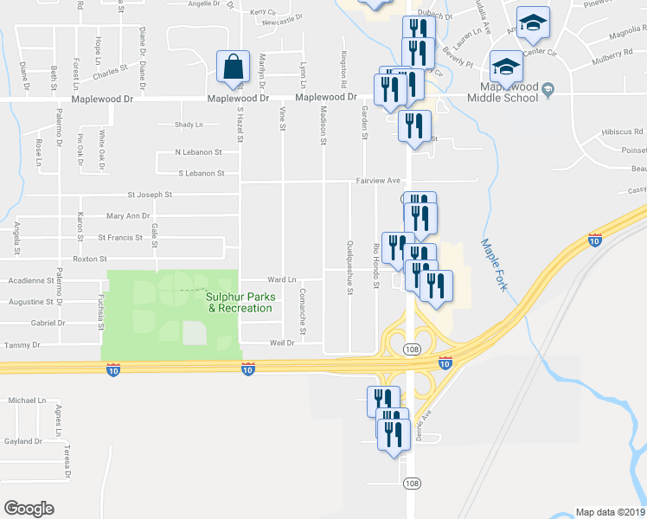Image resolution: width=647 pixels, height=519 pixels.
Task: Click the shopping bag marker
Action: tap(234, 66)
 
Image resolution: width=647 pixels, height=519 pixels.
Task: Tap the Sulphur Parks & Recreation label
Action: tap(240, 303)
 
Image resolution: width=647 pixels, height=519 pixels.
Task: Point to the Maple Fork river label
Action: tap(492, 265)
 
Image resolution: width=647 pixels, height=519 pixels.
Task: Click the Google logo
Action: tap(29, 508)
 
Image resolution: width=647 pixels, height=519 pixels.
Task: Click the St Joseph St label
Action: tap(150, 195)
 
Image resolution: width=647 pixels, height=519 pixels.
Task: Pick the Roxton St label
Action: tap(90, 258)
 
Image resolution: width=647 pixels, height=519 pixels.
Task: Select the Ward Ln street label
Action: tap(282, 279)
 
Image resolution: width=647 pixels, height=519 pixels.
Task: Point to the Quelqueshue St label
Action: tap(350, 266)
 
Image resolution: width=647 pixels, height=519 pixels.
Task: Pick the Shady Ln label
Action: tap(189, 125)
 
